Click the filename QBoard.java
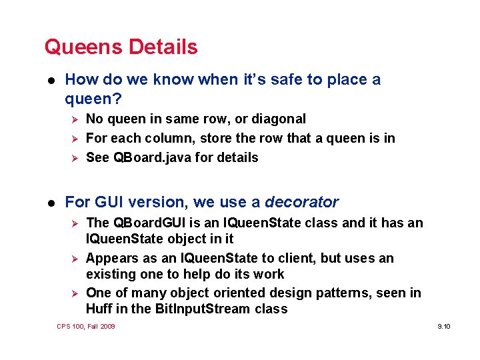click(x=145, y=158)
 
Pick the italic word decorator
click(x=301, y=202)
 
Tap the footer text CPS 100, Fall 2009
click(x=86, y=326)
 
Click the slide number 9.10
click(x=444, y=327)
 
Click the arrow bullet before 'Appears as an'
click(x=75, y=259)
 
